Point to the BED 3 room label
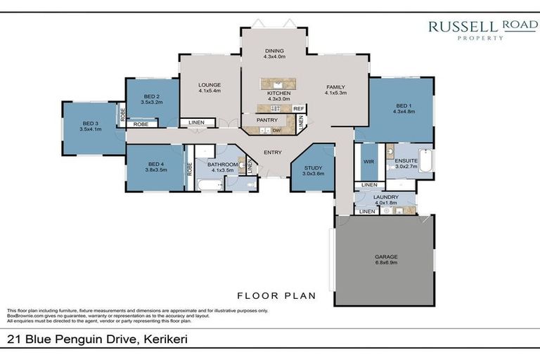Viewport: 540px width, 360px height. [91, 124]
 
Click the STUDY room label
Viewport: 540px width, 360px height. [312, 167]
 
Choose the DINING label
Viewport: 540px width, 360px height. [274, 51]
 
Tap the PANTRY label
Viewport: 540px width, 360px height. [267, 120]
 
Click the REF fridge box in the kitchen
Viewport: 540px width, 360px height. [298, 108]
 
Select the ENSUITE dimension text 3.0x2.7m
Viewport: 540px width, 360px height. [406, 166]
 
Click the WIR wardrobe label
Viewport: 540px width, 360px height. [368, 161]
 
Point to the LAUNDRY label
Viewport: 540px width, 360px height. [386, 198]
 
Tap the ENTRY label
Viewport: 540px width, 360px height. [274, 152]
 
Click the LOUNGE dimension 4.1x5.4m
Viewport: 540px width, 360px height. [210, 91]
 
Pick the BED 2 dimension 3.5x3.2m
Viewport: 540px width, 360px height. [152, 102]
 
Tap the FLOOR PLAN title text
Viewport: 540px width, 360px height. [276, 295]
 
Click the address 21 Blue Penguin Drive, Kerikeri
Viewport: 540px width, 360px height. [97, 340]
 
